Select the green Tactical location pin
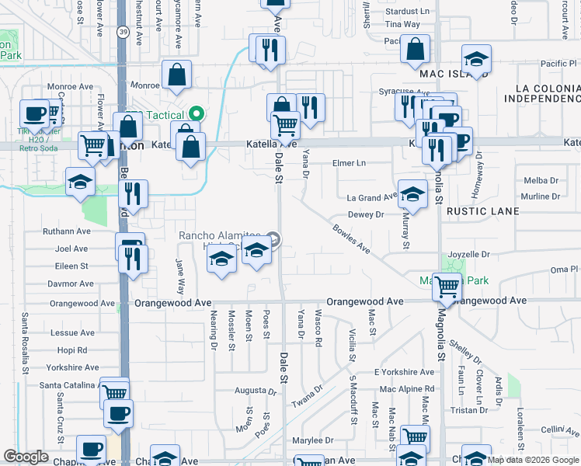[196, 113]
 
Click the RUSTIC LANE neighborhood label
[482, 211]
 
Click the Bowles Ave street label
[351, 238]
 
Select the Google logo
[26, 457]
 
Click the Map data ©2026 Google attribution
[534, 460]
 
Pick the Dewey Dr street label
[366, 214]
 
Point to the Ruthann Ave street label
[68, 231]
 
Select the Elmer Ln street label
[348, 163]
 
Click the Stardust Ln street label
[407, 12]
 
